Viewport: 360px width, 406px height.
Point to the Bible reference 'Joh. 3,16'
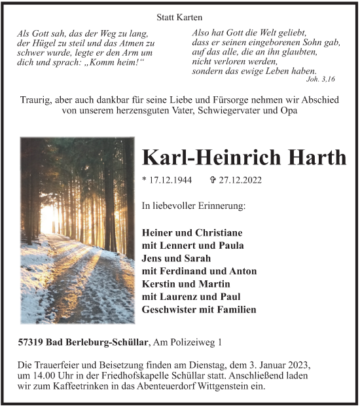tap(320, 79)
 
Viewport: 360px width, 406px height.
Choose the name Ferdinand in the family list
tap(194, 271)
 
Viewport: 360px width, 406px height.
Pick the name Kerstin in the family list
tap(159, 284)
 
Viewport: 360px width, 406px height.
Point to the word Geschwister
tap(172, 310)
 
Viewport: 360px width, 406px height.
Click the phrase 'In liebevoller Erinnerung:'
tap(194, 206)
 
